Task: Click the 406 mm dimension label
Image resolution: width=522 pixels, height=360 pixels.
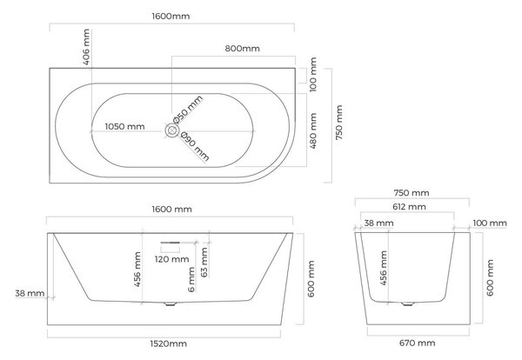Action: [x=86, y=47]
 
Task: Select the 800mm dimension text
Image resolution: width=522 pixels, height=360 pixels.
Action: [x=243, y=49]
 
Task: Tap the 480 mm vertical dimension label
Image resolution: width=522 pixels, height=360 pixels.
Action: [x=313, y=130]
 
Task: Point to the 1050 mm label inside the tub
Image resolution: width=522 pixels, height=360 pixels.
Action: [x=124, y=126]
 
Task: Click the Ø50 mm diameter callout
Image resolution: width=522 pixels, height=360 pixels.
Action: [x=188, y=110]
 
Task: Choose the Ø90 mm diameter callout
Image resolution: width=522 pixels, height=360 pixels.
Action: [x=195, y=146]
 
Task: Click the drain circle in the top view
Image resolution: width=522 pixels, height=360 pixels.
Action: [x=171, y=130]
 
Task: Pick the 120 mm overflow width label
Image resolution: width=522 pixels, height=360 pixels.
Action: [x=171, y=259]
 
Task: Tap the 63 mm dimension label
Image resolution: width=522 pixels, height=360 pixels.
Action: [x=204, y=263]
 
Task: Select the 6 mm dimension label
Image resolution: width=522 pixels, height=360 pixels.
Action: [x=191, y=279]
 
